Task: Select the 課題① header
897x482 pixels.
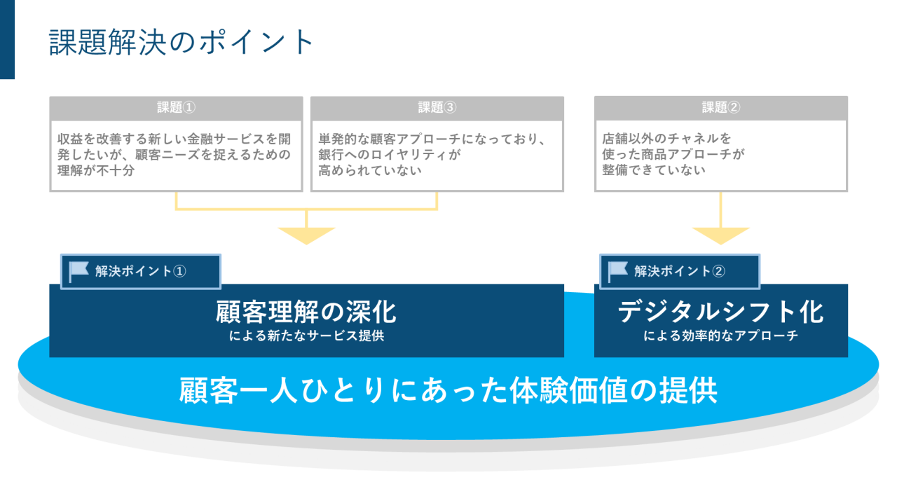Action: (x=176, y=107)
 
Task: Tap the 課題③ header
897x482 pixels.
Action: (x=437, y=107)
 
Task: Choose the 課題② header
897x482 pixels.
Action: (x=720, y=107)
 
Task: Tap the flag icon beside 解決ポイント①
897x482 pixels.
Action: (x=79, y=270)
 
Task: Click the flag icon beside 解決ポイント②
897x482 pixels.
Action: (x=617, y=270)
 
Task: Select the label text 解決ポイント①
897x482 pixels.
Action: (x=141, y=271)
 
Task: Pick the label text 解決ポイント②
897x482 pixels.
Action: (x=680, y=271)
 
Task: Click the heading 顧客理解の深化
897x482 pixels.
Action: (x=306, y=312)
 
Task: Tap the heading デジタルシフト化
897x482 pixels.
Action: (x=720, y=312)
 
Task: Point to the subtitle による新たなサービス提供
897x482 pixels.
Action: (x=306, y=336)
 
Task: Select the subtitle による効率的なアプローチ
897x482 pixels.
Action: (x=720, y=336)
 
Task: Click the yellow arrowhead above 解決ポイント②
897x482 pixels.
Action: (x=720, y=235)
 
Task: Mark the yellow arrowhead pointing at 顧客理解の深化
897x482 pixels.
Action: (x=306, y=235)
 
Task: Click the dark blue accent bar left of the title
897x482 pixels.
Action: (x=7, y=39)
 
